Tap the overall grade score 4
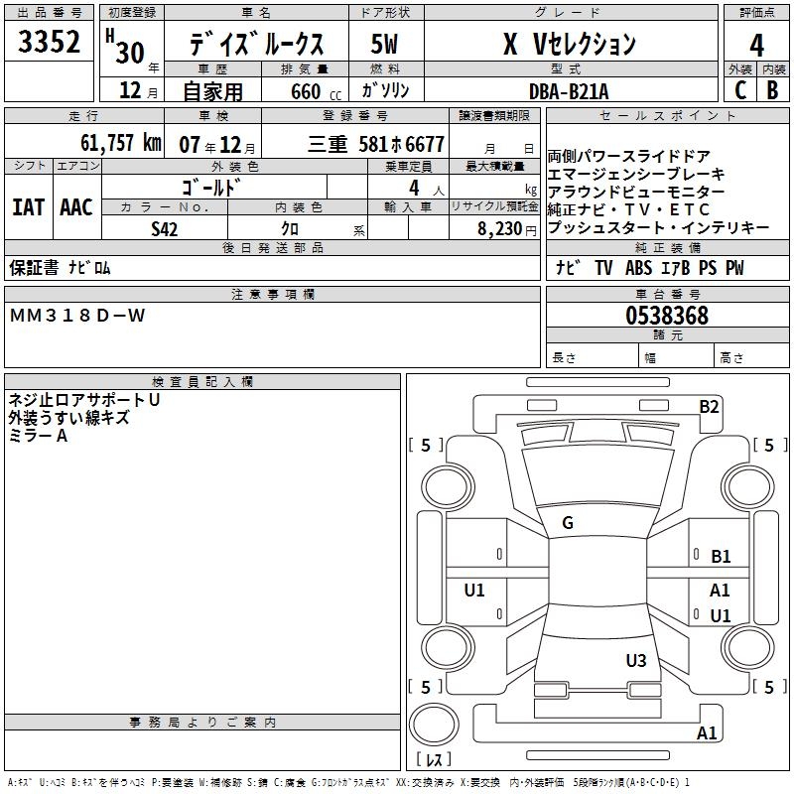pyautogui.click(x=756, y=45)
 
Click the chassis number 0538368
pyautogui.click(x=667, y=317)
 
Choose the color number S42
pyautogui.click(x=166, y=228)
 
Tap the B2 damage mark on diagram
pyautogui.click(x=709, y=406)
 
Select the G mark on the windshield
pyautogui.click(x=568, y=523)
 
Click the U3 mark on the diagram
pyautogui.click(x=636, y=661)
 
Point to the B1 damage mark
pyautogui.click(x=721, y=557)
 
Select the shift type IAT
pyautogui.click(x=28, y=207)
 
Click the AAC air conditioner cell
pyautogui.click(x=76, y=207)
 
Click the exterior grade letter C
pyautogui.click(x=739, y=91)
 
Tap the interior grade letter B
pyautogui.click(x=772, y=91)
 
